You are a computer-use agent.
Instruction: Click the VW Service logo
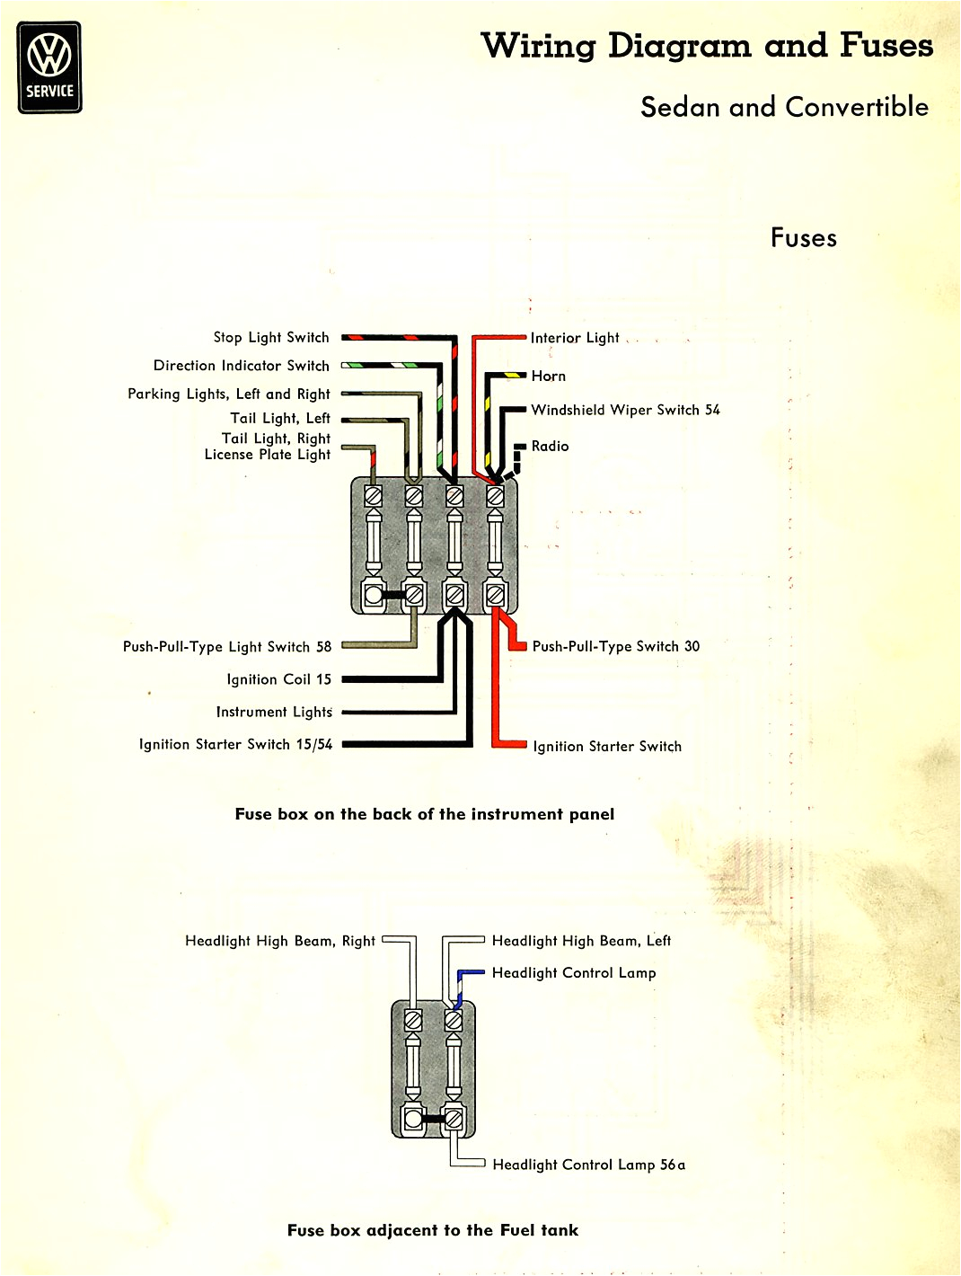tap(50, 67)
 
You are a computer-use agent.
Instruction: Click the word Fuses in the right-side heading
tap(803, 238)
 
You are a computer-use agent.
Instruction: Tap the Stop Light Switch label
tap(270, 337)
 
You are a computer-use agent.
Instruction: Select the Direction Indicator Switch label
tap(241, 366)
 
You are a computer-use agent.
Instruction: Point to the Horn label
tap(548, 376)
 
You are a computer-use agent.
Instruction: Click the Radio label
tap(550, 446)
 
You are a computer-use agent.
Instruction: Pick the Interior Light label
tap(575, 338)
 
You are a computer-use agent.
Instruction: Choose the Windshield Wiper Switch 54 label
tap(625, 410)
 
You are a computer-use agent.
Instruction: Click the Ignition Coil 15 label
tap(278, 679)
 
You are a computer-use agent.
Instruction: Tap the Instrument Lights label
tap(274, 712)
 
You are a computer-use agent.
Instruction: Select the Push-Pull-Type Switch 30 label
tap(615, 646)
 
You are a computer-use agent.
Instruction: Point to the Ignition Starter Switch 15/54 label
tap(235, 744)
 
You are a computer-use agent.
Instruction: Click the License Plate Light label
tap(267, 455)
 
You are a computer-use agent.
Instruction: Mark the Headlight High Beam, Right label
tap(279, 941)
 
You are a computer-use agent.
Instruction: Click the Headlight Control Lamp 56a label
tap(588, 1165)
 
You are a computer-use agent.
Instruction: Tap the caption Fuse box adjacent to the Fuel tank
tap(433, 1230)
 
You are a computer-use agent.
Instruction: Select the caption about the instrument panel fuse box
tap(425, 814)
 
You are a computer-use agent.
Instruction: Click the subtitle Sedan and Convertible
tap(784, 107)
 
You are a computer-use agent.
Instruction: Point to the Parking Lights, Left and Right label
tap(228, 394)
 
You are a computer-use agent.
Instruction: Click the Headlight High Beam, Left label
tap(581, 941)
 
